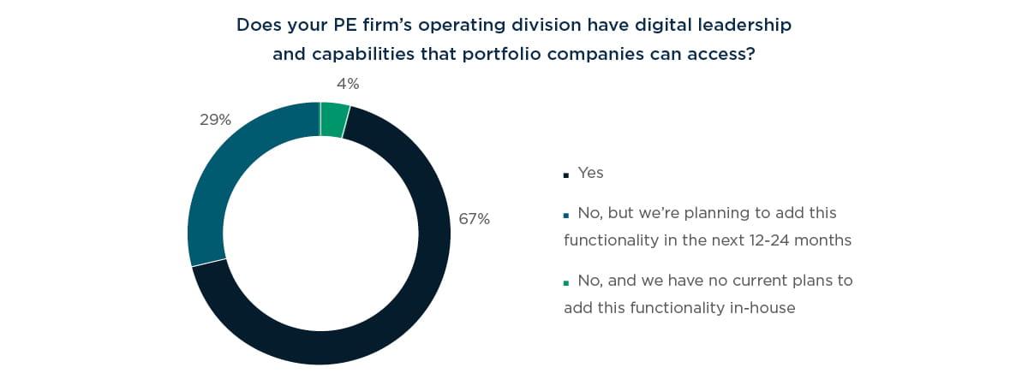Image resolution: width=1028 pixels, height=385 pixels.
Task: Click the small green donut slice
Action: click(334, 120)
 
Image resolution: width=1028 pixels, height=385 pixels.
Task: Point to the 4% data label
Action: click(348, 84)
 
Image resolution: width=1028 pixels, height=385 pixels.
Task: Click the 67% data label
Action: click(474, 219)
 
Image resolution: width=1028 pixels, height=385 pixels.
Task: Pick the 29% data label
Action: click(216, 120)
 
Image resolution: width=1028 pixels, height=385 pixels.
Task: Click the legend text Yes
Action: click(590, 173)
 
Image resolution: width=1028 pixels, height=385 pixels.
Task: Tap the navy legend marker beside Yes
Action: click(566, 175)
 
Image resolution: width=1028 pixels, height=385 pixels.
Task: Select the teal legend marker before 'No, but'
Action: click(566, 214)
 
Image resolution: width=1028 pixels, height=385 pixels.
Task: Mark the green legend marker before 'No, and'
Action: click(566, 282)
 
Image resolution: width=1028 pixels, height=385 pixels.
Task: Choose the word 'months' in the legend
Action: click(824, 240)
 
